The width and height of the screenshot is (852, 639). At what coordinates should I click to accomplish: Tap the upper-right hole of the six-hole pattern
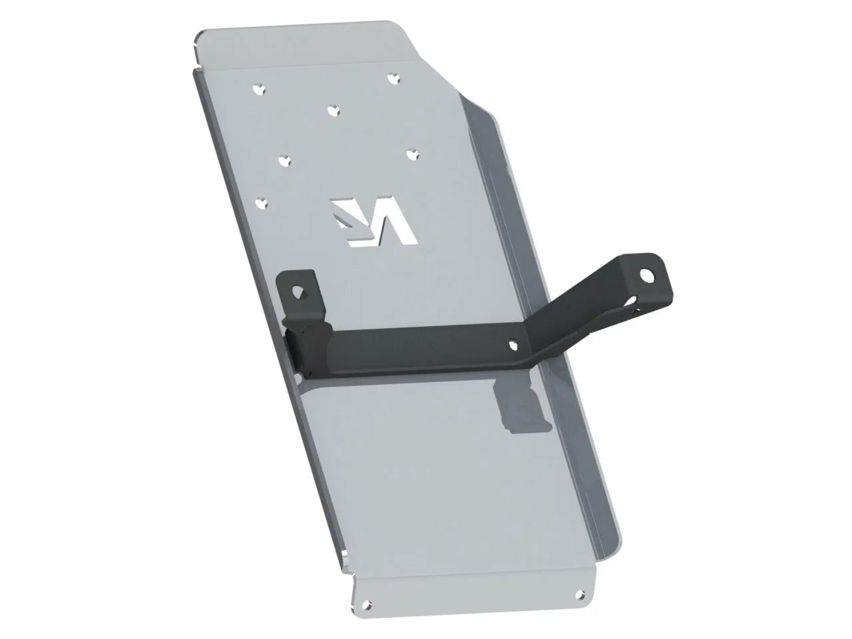(x=393, y=78)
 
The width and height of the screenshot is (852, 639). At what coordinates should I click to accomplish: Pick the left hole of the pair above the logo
(x=285, y=160)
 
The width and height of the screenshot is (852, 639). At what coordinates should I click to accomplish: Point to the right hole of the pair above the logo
(x=413, y=153)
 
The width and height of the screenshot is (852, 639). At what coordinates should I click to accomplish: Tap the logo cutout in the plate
(x=374, y=221)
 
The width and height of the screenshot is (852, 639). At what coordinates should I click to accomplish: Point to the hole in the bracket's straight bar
(x=513, y=345)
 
